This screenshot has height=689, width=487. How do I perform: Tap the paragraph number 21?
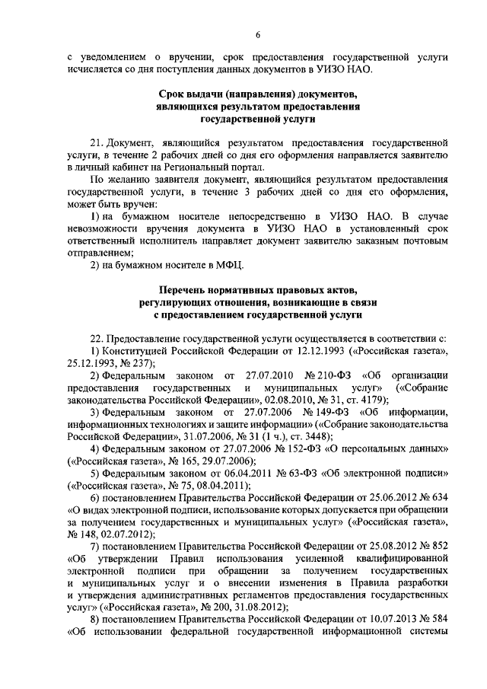pyautogui.click(x=97, y=142)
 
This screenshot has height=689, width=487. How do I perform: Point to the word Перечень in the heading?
pyautogui.click(x=186, y=289)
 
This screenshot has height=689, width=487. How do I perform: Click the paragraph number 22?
pyautogui.click(x=97, y=337)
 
